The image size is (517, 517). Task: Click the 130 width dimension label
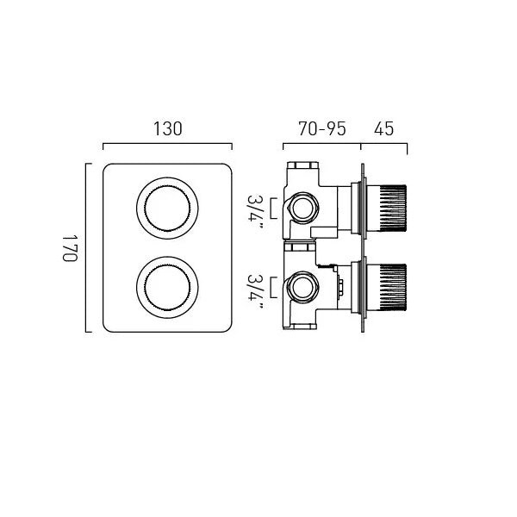click(x=167, y=128)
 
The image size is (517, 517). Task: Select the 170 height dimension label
click(x=70, y=248)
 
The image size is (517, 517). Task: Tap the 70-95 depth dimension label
click(x=321, y=128)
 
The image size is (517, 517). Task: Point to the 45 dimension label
click(x=383, y=128)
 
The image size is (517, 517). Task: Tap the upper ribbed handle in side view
click(x=386, y=209)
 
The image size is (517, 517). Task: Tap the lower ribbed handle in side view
click(x=386, y=288)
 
